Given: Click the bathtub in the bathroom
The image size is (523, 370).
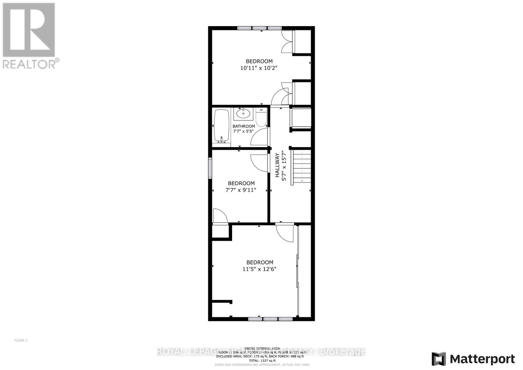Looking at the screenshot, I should (x=222, y=126).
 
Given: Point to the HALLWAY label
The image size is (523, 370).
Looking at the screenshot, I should (x=277, y=165).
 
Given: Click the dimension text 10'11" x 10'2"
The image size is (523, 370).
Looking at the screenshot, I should (x=259, y=68).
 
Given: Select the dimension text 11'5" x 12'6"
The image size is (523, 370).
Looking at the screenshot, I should (x=260, y=269).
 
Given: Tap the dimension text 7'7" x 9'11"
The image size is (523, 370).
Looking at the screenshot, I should (x=241, y=190).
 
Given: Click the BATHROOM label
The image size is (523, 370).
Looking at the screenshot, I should (x=244, y=126).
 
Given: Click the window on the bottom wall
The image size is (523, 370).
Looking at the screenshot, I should (x=270, y=318).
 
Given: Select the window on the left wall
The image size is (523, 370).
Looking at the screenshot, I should (x=210, y=168).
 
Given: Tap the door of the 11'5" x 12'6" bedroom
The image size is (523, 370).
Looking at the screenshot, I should (x=284, y=233).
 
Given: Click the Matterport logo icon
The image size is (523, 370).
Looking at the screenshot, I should (x=439, y=359).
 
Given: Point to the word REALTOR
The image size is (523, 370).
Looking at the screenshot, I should (x=29, y=63).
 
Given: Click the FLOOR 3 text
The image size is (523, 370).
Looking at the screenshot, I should (x=21, y=341).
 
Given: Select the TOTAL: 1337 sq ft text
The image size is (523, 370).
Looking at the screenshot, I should (x=262, y=361).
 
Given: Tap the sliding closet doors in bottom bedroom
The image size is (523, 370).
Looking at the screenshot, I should (x=297, y=271).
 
